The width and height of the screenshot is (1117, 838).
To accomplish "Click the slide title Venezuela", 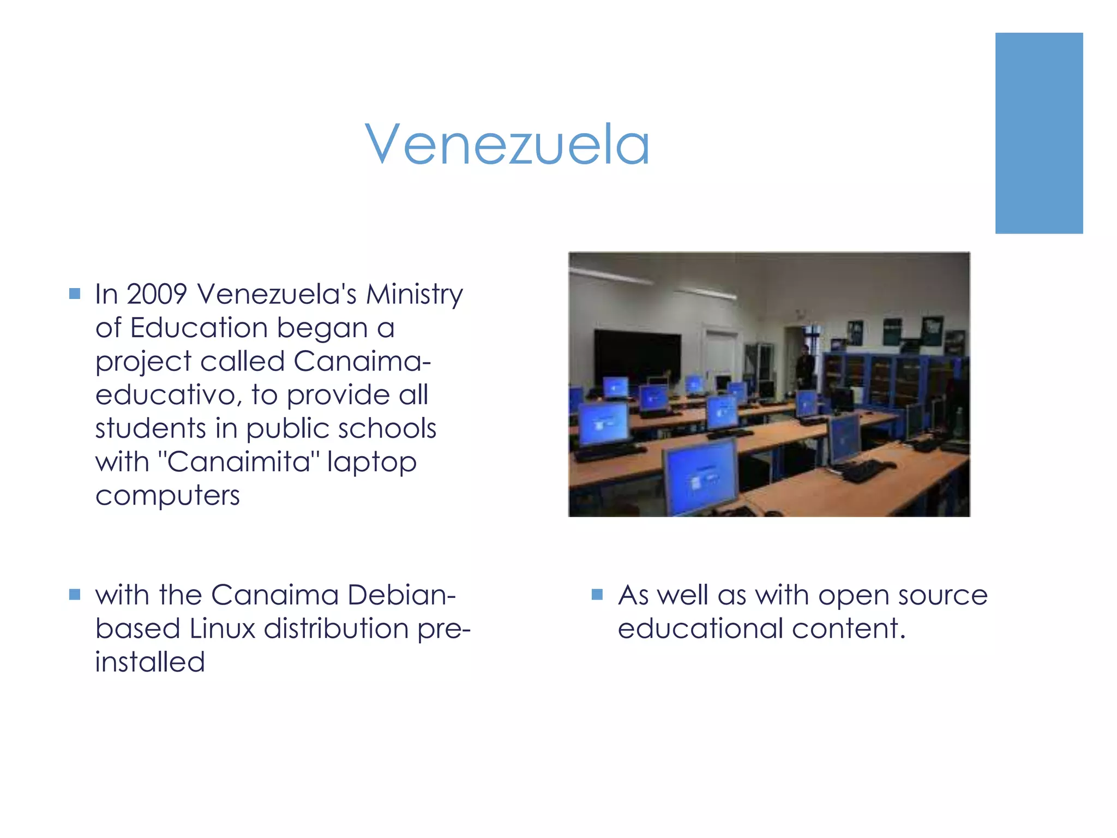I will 507,144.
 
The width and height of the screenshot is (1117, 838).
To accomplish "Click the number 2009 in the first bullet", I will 157,294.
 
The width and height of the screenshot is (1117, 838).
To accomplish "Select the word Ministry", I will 415,295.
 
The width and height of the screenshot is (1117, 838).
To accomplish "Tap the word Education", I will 199,328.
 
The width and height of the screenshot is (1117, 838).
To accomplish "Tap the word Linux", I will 223,628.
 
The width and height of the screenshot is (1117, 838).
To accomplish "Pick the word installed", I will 150,662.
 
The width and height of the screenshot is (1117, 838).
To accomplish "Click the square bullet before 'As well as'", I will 597,594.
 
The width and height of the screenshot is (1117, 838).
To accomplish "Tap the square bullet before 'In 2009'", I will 75,294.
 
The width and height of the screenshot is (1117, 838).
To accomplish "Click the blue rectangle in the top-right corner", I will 1039,133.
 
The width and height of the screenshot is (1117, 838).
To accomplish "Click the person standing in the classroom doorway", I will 804,367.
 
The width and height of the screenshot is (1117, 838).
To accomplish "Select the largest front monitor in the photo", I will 700,476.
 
